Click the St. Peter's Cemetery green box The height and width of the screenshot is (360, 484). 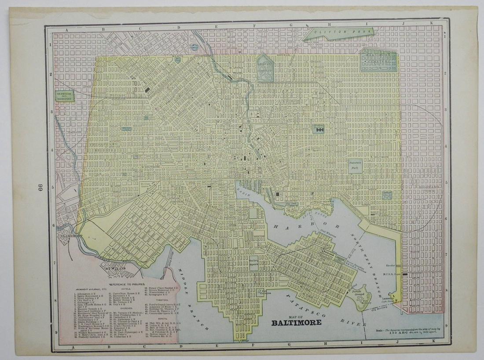(x=64, y=96)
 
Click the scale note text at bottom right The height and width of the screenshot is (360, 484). (x=405, y=330)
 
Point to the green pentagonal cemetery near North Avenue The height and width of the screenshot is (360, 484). (x=265, y=68)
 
